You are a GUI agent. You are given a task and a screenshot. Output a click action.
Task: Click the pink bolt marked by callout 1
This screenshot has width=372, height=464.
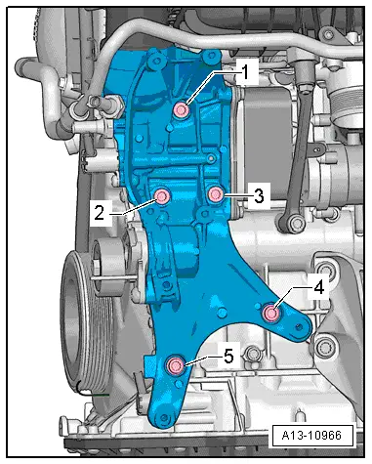181,109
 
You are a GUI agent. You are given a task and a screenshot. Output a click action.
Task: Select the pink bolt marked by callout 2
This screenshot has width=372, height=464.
162,196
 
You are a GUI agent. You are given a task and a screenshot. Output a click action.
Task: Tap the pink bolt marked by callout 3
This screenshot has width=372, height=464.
215,194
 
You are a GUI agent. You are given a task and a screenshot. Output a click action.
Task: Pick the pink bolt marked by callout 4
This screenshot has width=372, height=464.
271,314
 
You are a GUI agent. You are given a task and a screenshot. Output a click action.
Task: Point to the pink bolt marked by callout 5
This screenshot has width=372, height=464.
176,365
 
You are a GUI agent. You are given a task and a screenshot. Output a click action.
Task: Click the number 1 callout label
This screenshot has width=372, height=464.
246,72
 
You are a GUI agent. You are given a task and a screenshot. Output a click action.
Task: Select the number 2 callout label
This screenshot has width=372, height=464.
100,213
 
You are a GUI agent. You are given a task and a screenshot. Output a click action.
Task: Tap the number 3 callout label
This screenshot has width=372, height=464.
259,196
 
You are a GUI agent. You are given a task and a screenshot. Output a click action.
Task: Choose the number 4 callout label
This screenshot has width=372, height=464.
318,287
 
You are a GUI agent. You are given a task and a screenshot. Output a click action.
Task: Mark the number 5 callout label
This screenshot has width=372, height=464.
228,356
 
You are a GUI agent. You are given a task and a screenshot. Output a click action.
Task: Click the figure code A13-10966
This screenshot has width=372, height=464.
312,436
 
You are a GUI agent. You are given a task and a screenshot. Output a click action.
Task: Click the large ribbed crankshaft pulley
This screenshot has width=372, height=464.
86,320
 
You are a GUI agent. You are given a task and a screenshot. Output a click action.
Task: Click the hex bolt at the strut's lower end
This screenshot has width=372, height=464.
294,224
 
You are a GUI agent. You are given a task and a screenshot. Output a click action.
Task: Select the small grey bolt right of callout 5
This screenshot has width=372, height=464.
252,353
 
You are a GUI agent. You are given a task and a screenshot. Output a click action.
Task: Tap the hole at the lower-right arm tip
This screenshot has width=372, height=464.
299,326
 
